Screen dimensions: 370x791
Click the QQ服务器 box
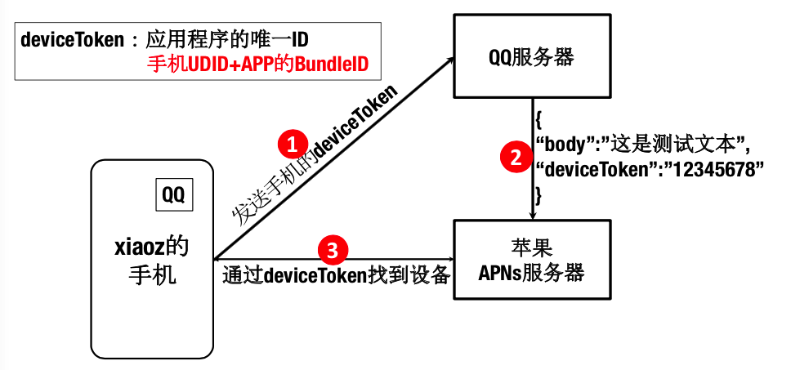tap(531, 57)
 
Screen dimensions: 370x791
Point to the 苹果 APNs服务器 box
tap(531, 261)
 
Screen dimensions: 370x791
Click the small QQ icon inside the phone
tap(173, 195)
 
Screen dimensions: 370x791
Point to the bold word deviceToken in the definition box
tap(69, 38)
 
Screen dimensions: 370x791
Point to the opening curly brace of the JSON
tap(539, 120)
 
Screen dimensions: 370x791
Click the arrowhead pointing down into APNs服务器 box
tap(533, 215)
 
